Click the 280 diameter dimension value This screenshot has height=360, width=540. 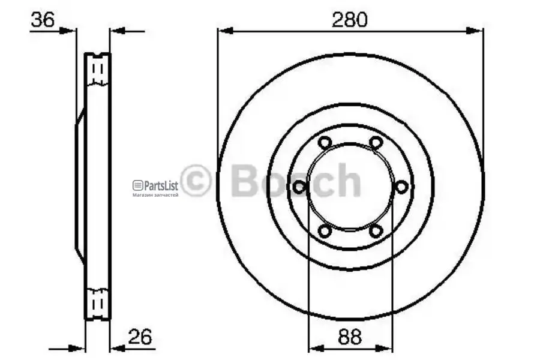[x=350, y=20]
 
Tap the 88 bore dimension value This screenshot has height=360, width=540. [x=350, y=337]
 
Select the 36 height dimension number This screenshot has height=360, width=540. [x=43, y=20]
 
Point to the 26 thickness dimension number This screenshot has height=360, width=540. [x=140, y=337]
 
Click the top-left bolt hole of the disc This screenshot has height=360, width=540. [x=325, y=142]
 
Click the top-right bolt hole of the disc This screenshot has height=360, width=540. [x=376, y=142]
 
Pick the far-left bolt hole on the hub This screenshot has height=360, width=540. [x=299, y=187]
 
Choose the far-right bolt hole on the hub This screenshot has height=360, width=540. [x=401, y=187]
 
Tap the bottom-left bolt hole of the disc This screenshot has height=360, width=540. [x=325, y=231]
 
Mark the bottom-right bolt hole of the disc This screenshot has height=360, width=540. [x=376, y=231]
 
